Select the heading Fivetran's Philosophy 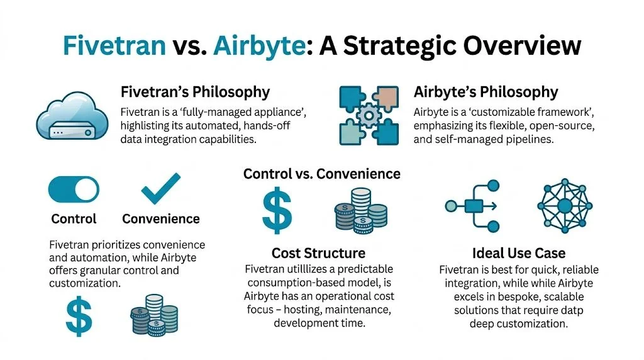[195, 92]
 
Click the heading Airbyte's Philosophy [486, 92]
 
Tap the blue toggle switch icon [74, 189]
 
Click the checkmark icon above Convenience [160, 189]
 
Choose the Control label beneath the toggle [74, 219]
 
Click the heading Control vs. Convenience [321, 173]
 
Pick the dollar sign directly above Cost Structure [277, 211]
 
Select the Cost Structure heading [318, 253]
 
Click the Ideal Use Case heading [519, 253]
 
